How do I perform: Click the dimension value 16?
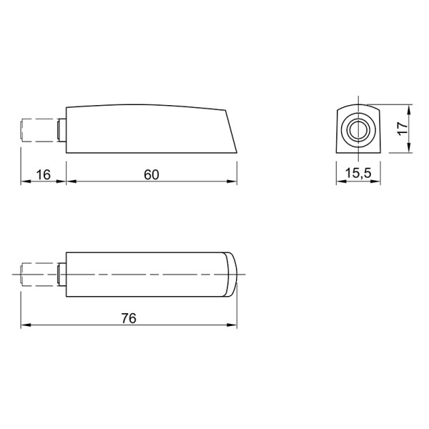[43, 175]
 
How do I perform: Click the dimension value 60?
[152, 175]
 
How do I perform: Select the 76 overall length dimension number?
[129, 318]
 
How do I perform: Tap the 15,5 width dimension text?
[358, 173]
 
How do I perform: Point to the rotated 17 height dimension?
[403, 128]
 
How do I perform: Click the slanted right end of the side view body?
[231, 132]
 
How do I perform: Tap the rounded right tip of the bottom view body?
[232, 274]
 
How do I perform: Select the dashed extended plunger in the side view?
[39, 130]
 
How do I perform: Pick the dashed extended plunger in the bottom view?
[39, 275]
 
